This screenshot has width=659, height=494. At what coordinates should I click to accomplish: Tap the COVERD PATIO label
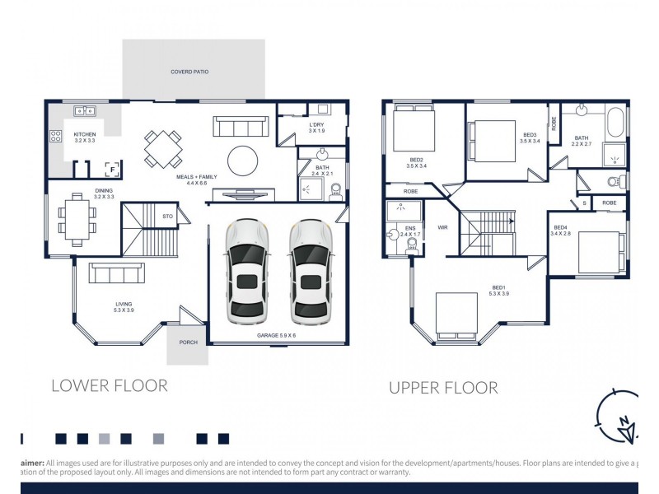click(x=189, y=72)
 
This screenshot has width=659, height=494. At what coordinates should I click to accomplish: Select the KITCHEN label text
click(x=85, y=134)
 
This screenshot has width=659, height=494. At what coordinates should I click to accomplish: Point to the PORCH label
click(x=188, y=342)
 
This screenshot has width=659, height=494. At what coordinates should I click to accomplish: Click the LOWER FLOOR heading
click(x=109, y=385)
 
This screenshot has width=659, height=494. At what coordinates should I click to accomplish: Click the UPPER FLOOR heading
click(x=443, y=388)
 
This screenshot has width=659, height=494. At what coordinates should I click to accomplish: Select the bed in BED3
click(x=492, y=137)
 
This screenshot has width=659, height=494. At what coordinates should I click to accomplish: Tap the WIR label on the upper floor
click(x=442, y=226)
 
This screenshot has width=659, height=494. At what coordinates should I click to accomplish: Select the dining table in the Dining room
click(x=77, y=218)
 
